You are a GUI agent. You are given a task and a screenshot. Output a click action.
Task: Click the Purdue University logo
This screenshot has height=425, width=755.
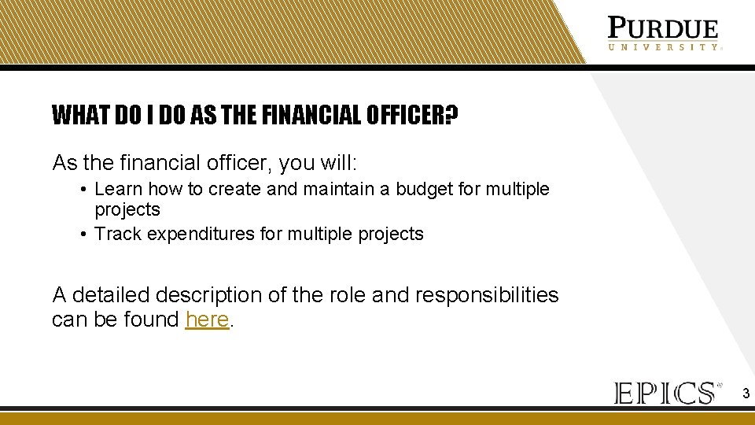click(663, 33)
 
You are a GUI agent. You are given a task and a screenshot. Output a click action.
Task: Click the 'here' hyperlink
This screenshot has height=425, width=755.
click(207, 320)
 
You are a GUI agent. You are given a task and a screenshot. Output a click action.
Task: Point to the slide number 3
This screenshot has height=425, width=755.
click(745, 394)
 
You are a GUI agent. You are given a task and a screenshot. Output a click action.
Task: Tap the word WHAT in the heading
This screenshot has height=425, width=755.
click(75, 116)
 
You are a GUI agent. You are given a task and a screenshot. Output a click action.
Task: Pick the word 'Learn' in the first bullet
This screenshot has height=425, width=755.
click(119, 189)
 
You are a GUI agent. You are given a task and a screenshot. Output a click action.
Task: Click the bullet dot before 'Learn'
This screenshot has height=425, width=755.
click(83, 190)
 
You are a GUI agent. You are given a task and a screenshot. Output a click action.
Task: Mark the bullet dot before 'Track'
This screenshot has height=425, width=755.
click(83, 235)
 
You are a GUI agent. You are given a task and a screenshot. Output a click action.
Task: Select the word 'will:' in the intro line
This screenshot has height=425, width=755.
click(339, 163)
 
